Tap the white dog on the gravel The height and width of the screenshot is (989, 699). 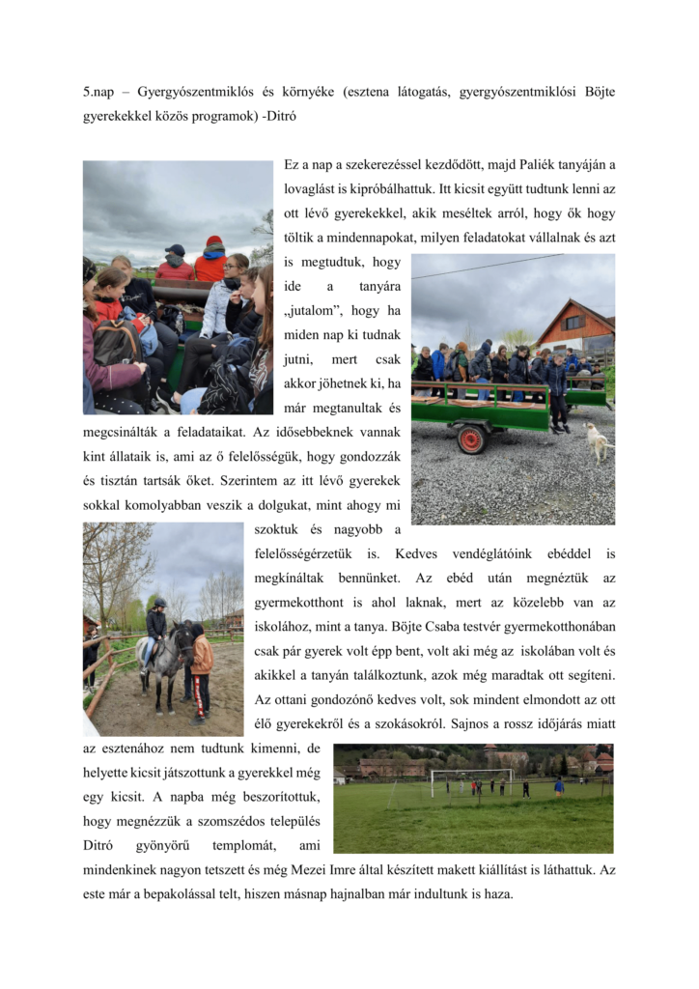[x=598, y=442]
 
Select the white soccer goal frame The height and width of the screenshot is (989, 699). [x=472, y=780]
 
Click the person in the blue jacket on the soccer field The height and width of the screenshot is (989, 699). [x=559, y=786]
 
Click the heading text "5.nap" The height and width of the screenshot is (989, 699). [x=99, y=92]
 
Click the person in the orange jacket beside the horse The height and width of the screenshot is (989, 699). [x=201, y=659]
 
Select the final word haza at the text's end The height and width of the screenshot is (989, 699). [x=497, y=893]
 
